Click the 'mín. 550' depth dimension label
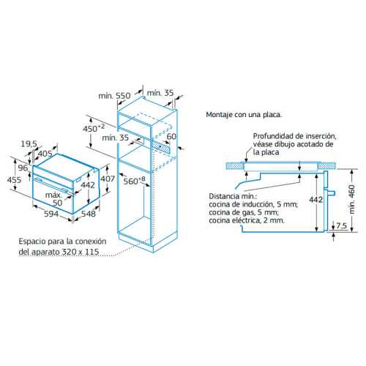[x=114, y=96]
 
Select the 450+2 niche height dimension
[x=94, y=128]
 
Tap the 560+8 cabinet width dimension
[x=134, y=181]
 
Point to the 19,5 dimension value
[x=29, y=143]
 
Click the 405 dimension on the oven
[x=45, y=154]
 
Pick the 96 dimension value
[x=23, y=168]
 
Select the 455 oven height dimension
[x=14, y=180]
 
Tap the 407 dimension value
[x=108, y=179]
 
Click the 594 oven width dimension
[x=51, y=214]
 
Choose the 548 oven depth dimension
[x=89, y=214]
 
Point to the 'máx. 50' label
[x=54, y=199]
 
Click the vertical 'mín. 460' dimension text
[x=352, y=199]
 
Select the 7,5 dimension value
[x=342, y=225]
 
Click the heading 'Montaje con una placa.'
[x=244, y=115]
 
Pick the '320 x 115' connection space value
[x=81, y=252]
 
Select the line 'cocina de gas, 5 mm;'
[x=244, y=212]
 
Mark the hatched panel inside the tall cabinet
[x=161, y=146]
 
